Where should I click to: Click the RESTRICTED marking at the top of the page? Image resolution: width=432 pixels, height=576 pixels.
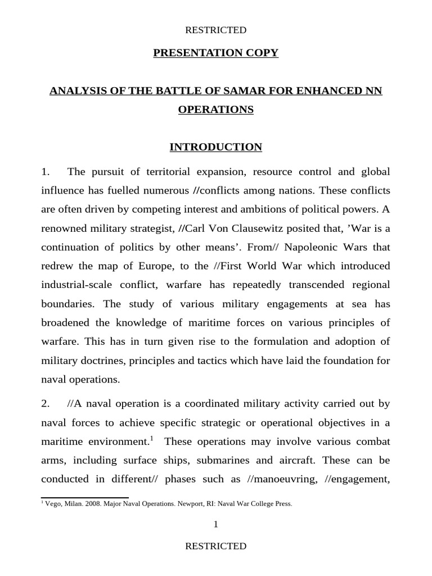tap(216, 30)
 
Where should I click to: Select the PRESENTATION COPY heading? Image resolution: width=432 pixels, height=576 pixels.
tap(216, 53)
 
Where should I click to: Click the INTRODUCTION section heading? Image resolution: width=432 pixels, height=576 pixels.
tap(216, 147)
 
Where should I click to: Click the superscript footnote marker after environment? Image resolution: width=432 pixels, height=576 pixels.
tap(151, 438)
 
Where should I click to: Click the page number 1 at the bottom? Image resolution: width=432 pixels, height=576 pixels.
tap(215, 524)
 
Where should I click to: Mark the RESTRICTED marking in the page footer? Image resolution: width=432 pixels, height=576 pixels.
tap(216, 546)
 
